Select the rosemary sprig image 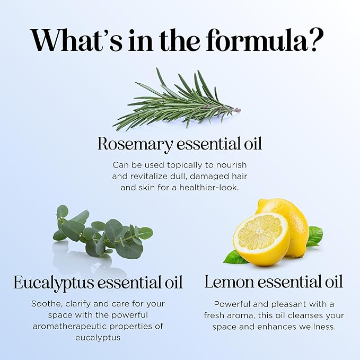(x=175, y=101)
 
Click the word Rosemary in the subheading (x=135, y=144)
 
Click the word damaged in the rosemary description (x=211, y=176)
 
